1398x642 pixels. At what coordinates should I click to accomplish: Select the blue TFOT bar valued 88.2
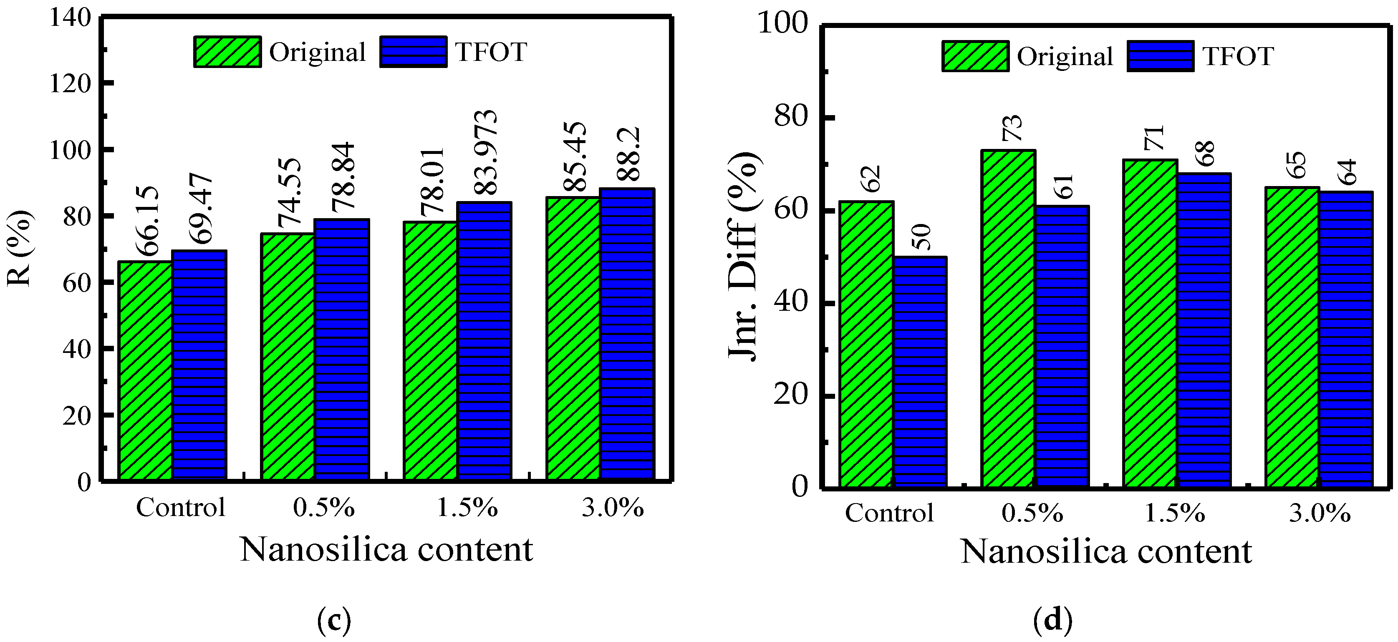pos(627,334)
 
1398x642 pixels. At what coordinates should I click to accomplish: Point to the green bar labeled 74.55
pos(288,357)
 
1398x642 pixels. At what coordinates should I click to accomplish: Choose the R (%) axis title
pos(20,248)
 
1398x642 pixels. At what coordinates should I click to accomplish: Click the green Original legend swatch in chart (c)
pos(227,52)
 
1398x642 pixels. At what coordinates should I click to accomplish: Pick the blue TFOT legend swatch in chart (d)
pos(1160,56)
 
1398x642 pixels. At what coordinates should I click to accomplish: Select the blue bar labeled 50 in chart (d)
pos(921,372)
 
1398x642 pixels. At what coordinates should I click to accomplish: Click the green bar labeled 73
pos(1008,319)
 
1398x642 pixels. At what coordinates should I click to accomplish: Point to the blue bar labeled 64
pos(1346,339)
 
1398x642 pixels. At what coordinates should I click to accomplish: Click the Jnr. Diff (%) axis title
pos(744,257)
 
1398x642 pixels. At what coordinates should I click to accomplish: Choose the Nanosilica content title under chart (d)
pos(1106,552)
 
